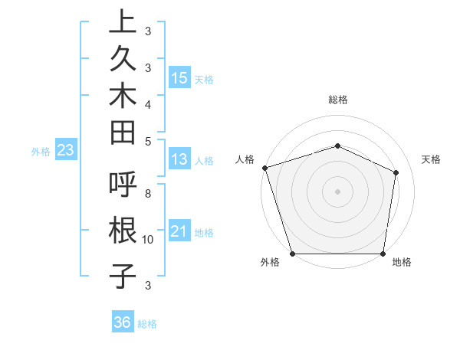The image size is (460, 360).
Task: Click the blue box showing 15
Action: [179, 77]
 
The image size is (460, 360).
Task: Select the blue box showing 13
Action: [179, 159]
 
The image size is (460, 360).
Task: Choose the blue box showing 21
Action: [179, 231]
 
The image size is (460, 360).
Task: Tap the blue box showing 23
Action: [66, 150]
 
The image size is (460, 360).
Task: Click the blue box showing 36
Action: [123, 322]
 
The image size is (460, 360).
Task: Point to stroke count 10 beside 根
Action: [148, 239]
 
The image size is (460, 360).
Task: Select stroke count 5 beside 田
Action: [147, 140]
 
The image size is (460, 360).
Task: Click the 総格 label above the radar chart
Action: [338, 100]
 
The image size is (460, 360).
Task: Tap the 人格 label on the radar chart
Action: [245, 159]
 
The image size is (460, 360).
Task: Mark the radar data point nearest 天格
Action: [396, 172]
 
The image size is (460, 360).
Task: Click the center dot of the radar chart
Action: [337, 191]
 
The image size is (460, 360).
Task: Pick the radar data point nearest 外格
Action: [292, 254]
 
